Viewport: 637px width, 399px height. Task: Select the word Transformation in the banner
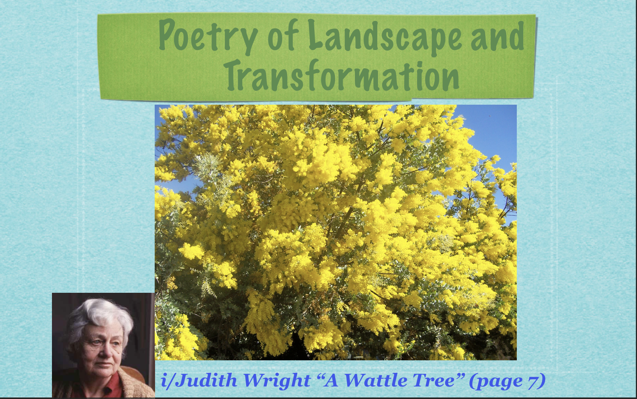[343, 75]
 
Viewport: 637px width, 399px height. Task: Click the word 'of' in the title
[282, 35]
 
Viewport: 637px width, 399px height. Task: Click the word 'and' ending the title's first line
[497, 36]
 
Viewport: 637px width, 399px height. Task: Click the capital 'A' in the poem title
[331, 380]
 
